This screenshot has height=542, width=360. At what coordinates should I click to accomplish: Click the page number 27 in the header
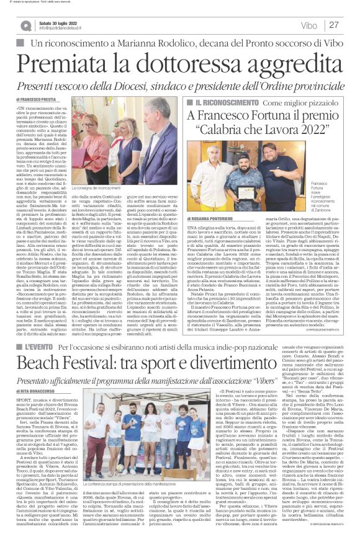pos(334,25)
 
